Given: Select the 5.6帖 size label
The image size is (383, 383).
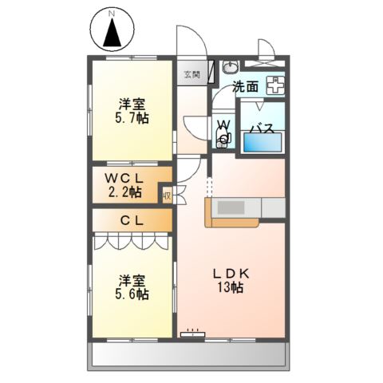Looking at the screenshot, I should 132,294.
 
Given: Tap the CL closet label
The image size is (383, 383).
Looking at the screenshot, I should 132,220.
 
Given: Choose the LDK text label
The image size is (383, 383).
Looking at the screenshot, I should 231,273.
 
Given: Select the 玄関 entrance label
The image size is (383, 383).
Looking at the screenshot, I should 191,75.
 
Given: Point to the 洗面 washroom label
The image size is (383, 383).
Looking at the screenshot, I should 245,88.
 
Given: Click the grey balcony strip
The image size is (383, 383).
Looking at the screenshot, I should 191,354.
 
